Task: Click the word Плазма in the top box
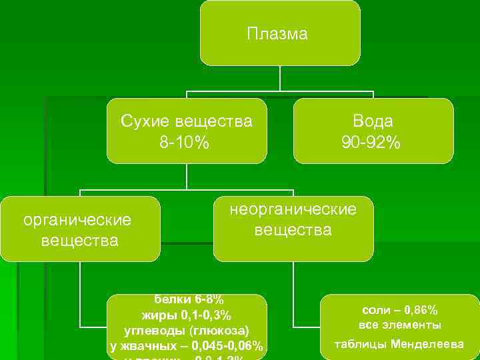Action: coord(277,34)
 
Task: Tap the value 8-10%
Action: coord(186,143)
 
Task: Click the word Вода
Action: coord(373,121)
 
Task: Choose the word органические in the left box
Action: coord(77,219)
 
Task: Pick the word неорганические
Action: coord(293,209)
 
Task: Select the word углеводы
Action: coord(155,331)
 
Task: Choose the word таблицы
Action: coord(361,345)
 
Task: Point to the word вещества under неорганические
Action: coord(293,231)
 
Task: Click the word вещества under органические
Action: coord(79,240)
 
